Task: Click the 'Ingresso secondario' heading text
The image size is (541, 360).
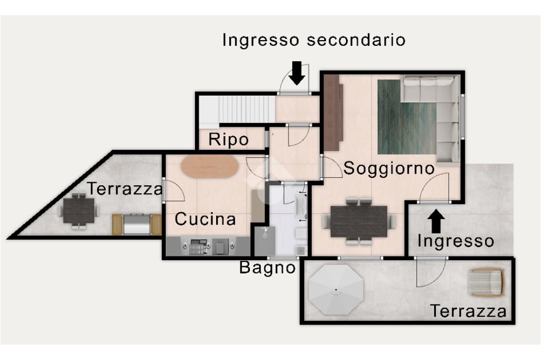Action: tap(314, 40)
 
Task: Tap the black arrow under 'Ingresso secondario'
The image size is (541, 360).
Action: tap(297, 73)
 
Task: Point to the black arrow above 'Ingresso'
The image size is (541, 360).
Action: tap(436, 221)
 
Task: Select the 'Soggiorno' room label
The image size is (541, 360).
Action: tap(389, 168)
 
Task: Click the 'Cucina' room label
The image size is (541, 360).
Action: tap(206, 219)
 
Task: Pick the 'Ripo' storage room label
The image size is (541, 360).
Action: tap(228, 140)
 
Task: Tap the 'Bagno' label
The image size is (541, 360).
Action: tap(267, 267)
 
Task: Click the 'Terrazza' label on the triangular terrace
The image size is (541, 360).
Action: tap(125, 188)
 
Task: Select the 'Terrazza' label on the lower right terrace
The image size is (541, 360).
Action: tap(468, 311)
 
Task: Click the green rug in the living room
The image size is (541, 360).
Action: tap(407, 117)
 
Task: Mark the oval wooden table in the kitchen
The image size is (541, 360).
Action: tap(210, 166)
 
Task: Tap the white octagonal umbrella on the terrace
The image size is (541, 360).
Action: tap(336, 289)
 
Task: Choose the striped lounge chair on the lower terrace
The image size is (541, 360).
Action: tap(487, 282)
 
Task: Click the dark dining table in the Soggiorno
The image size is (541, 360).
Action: tap(359, 221)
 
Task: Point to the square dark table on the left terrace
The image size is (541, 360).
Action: tap(79, 210)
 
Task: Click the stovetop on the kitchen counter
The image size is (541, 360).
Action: tap(197, 247)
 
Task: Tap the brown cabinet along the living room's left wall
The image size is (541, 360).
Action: tap(333, 113)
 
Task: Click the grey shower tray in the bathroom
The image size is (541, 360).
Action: tap(265, 241)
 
